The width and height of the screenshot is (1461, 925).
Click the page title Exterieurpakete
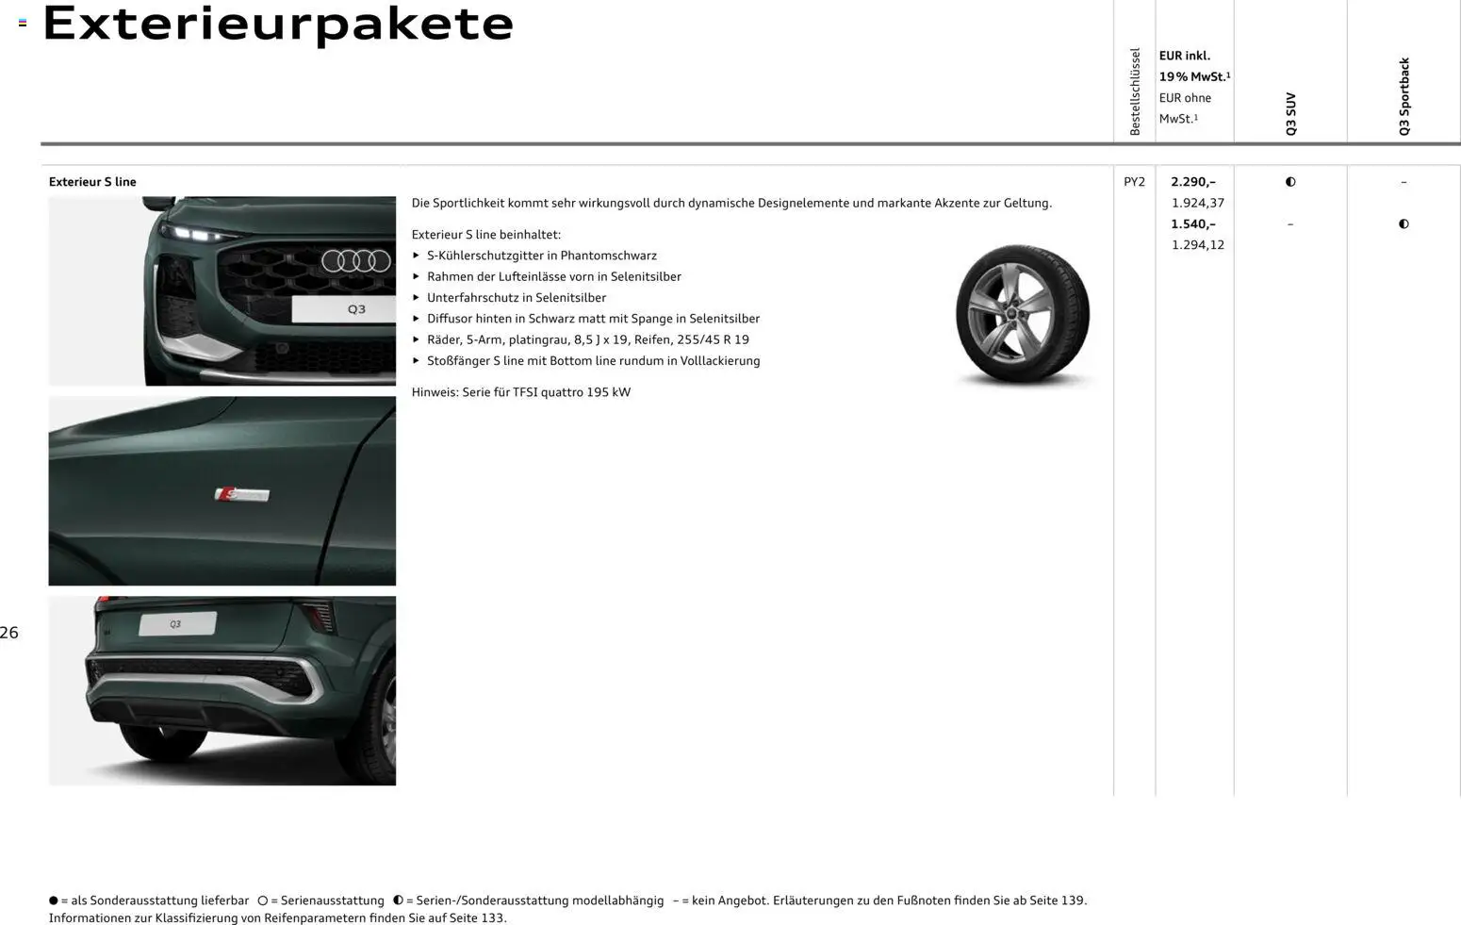pos(278,24)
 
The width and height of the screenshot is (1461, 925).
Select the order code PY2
pos(1134,182)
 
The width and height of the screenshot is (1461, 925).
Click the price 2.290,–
pos(1192,182)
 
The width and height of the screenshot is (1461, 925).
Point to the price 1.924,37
pos(1197,203)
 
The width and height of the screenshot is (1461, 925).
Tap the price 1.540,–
pos(1192,224)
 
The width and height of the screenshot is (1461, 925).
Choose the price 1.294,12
pos(1197,245)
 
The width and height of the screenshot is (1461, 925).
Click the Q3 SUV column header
pos(1290,113)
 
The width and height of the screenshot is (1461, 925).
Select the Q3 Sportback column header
pos(1404,96)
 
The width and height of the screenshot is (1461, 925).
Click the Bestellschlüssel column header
pos(1135,91)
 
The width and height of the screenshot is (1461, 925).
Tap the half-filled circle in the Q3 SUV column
pos(1290,182)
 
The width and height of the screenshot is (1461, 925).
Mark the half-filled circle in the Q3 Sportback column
pos(1404,224)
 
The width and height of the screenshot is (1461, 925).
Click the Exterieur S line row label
pos(92,182)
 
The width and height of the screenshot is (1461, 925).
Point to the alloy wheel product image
pos(1023,314)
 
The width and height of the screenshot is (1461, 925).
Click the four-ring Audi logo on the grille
pos(355,260)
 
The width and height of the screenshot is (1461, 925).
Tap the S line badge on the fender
pos(242,494)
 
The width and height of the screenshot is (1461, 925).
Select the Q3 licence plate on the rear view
pos(177,623)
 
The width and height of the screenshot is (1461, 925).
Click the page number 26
pos(9,633)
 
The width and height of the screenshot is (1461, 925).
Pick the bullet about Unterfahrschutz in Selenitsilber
pos(516,298)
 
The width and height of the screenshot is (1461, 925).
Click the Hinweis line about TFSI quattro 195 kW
pos(520,392)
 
